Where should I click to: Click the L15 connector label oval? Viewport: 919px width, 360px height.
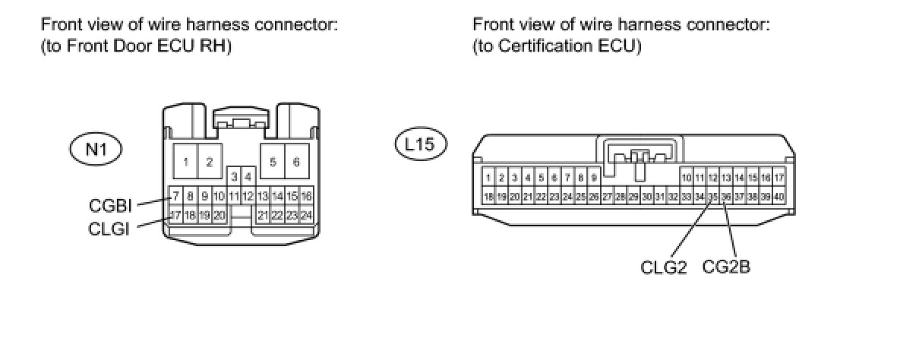pos(420,144)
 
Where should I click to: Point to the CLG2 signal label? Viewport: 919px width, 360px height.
pos(664,268)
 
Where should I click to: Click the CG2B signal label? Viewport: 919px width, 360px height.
pos(727,267)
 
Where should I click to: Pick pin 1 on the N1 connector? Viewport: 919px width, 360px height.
pos(186,162)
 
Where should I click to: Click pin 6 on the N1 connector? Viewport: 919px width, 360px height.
pos(296,162)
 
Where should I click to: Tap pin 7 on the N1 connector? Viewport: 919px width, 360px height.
pos(175,196)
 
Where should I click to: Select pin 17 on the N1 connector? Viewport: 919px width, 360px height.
pos(175,215)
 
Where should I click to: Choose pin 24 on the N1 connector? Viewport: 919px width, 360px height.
pos(306,215)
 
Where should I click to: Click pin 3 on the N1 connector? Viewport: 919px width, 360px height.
pos(235,177)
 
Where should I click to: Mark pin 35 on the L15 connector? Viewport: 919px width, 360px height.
pos(712,197)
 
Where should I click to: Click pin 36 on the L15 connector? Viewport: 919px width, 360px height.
pos(726,197)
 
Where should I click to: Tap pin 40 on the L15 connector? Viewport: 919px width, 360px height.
pos(778,197)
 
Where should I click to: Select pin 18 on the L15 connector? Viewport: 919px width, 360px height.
pos(488,197)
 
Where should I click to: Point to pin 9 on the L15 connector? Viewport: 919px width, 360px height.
pos(594,178)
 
